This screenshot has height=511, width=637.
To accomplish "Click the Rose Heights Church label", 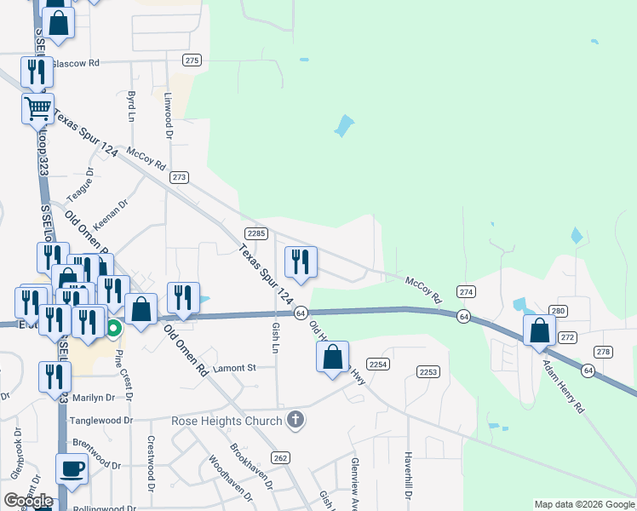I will click(226, 421).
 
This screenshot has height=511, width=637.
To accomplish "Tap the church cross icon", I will click(295, 420).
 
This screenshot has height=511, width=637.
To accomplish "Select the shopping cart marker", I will click(37, 109).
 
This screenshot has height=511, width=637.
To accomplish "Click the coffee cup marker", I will click(72, 469).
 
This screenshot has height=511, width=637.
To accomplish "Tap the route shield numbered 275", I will click(192, 60).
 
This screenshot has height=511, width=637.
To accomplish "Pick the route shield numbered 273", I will click(179, 177).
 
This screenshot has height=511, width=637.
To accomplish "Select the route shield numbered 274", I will click(465, 291).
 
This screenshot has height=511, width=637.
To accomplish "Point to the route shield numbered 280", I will click(558, 311).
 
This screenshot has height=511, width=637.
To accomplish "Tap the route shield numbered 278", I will click(604, 352).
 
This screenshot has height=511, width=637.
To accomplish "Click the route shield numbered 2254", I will click(379, 365).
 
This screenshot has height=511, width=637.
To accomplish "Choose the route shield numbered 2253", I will click(428, 371).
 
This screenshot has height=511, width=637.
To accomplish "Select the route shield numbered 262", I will click(281, 458).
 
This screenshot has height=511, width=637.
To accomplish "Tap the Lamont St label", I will click(234, 368).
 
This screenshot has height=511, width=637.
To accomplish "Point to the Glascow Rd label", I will click(76, 63).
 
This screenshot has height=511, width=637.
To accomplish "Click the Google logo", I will click(28, 500).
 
